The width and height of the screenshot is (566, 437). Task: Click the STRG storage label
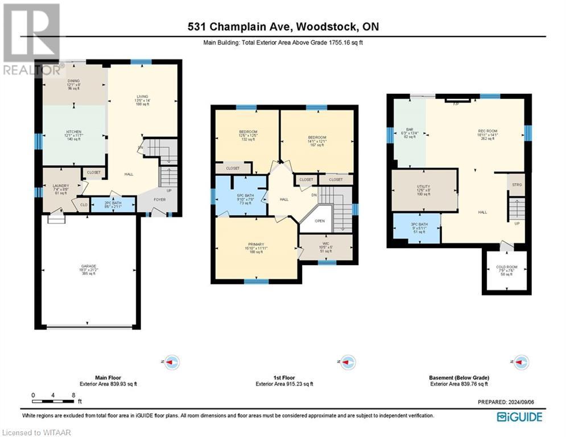click(517, 185)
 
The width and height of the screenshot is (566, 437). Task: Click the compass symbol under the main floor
click(171, 361)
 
